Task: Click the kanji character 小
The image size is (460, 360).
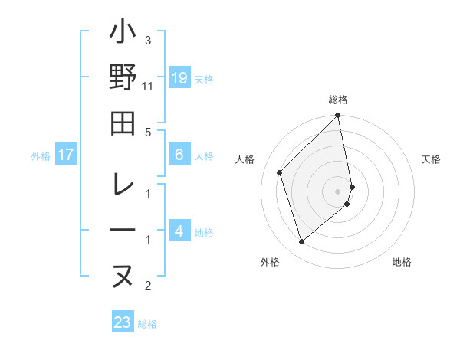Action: pos(123,34)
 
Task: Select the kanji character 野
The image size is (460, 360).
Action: pos(123,78)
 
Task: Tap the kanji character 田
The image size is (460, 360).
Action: pos(123,123)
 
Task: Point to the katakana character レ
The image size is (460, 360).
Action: pos(123,185)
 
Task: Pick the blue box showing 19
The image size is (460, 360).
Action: pos(179,77)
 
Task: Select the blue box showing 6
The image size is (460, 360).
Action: pos(179,155)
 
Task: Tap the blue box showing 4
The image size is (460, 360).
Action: pos(179,231)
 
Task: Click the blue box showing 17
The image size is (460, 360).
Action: pos(66,155)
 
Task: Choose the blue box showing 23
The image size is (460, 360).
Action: pos(122,322)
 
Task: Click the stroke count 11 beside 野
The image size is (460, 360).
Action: pos(148,86)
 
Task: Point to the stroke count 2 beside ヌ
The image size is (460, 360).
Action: pos(148,286)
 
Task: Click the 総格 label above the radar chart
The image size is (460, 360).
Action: pos(338,100)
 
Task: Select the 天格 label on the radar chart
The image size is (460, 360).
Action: pos(431,159)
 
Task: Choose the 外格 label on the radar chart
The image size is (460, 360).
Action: pos(269,263)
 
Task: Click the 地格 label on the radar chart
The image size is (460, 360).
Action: pos(402,263)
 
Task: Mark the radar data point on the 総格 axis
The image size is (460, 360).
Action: pos(338,116)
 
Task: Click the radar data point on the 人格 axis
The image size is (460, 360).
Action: pos(280,172)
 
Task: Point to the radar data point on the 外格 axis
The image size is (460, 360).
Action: pos(302,242)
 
